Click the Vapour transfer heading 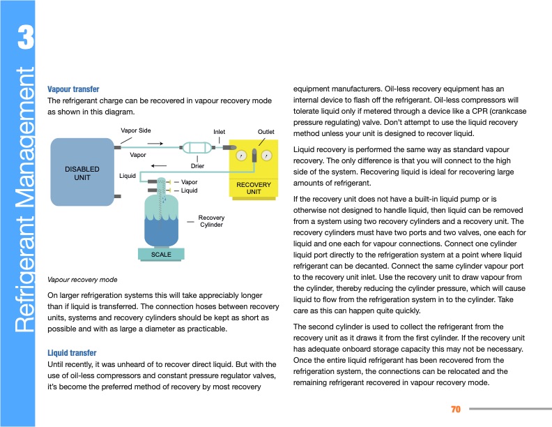[73, 89]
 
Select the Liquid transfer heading [72, 353]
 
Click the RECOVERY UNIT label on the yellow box [254, 188]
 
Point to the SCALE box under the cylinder [161, 255]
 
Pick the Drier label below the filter [198, 165]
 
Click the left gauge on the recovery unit [241, 155]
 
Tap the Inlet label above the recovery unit [219, 132]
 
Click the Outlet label [266, 131]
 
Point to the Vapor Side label [135, 130]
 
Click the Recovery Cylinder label [211, 222]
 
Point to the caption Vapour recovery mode [82, 279]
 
